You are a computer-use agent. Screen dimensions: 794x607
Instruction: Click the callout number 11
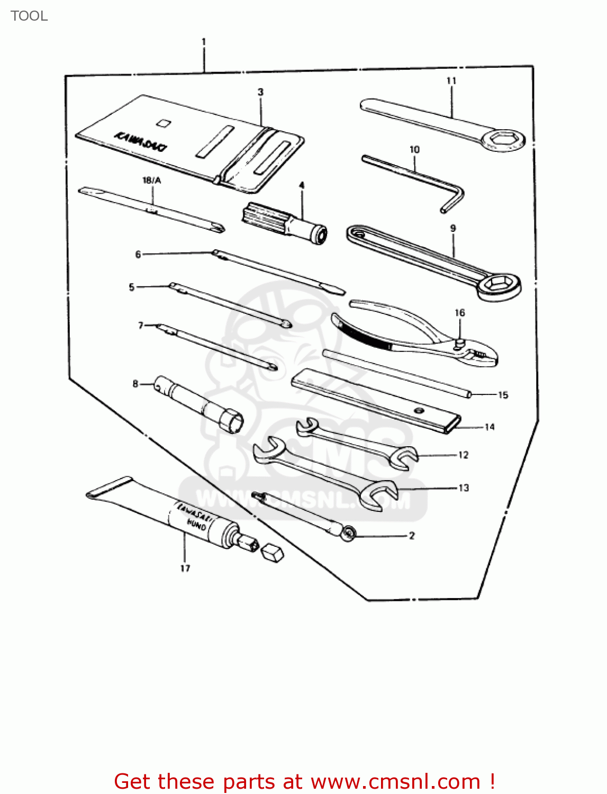click(451, 81)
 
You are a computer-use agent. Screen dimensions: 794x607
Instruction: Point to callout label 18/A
click(152, 181)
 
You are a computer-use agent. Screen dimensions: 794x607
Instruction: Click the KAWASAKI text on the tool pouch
click(141, 141)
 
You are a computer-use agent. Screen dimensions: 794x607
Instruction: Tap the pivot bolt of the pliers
click(460, 344)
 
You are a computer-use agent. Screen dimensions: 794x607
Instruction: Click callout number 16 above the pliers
click(460, 313)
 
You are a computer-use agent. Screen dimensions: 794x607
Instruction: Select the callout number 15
click(503, 395)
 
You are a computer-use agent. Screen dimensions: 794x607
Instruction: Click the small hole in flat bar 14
click(420, 410)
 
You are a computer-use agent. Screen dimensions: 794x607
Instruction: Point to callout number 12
click(464, 455)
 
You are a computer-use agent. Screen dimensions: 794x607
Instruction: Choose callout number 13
click(464, 488)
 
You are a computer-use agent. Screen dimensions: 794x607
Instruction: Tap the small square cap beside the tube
click(273, 553)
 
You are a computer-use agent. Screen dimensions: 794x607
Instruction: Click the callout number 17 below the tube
click(185, 568)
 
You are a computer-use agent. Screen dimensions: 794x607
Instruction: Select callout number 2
click(412, 536)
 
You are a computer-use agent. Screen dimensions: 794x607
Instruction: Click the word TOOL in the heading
click(29, 16)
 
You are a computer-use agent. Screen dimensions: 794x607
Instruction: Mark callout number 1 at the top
click(204, 42)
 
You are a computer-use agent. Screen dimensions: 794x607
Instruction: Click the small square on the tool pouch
click(164, 123)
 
